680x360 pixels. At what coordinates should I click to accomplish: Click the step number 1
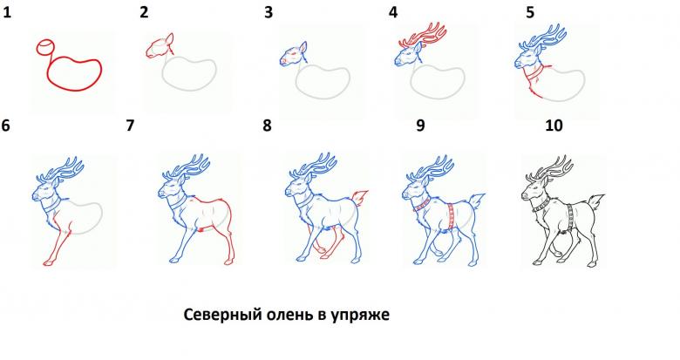click(x=6, y=12)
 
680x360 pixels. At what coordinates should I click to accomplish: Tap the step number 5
click(x=530, y=12)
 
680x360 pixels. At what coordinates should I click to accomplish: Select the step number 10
click(x=554, y=126)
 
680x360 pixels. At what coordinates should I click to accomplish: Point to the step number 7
click(x=130, y=126)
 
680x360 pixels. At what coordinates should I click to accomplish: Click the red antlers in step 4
click(x=423, y=36)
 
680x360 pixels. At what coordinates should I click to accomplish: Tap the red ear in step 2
click(x=170, y=38)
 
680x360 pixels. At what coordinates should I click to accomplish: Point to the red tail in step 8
click(x=360, y=197)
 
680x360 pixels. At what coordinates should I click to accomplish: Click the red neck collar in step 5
click(x=534, y=73)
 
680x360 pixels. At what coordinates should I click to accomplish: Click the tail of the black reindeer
click(x=597, y=201)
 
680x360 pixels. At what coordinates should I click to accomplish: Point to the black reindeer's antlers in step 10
click(x=550, y=169)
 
